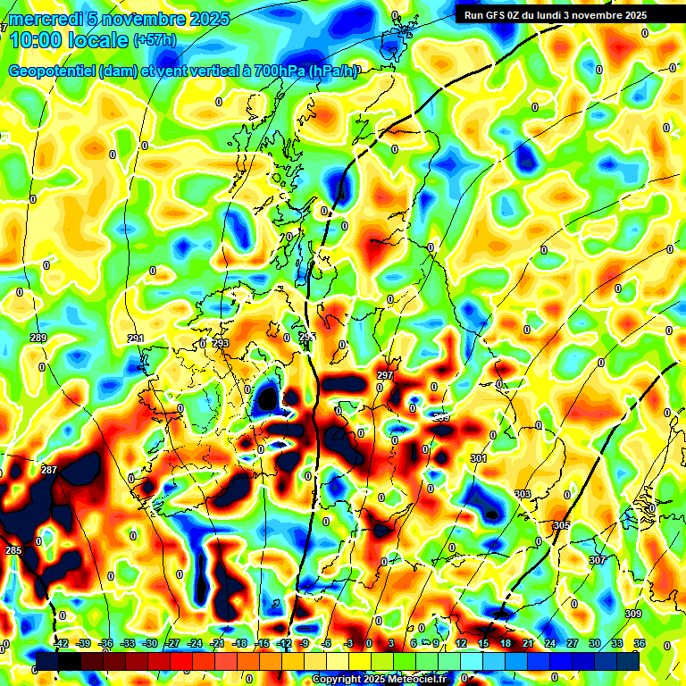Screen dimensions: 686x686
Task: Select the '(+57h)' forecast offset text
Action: tap(155, 40)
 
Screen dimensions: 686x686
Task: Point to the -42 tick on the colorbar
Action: tap(61, 643)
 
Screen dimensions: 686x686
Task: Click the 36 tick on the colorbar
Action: tap(640, 643)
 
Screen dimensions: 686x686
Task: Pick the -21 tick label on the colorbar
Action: tap(216, 643)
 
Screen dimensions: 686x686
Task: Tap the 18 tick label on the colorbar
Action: tap(506, 643)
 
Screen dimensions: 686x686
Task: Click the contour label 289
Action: tap(38, 338)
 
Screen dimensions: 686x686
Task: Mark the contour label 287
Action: tap(49, 470)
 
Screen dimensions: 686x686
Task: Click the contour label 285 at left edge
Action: tap(13, 550)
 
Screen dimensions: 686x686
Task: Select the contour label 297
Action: tap(385, 375)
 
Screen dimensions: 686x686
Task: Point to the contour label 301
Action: tap(479, 458)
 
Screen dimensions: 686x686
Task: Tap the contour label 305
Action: tap(561, 525)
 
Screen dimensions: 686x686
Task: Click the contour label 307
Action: tap(598, 560)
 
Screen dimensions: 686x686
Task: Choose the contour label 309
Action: tap(633, 614)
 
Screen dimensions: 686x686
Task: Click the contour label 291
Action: tap(135, 339)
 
